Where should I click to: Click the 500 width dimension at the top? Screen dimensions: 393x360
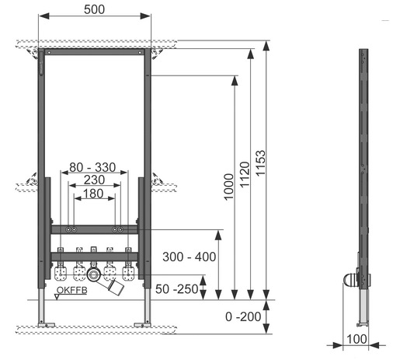(94, 9)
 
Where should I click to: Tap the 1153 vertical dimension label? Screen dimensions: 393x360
(260, 163)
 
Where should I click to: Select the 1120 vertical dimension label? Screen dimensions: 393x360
(245, 174)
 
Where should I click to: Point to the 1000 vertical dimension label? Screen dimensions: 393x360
(229, 187)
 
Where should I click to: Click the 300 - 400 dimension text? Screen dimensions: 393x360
(190, 257)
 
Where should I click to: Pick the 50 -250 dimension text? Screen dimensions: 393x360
(177, 289)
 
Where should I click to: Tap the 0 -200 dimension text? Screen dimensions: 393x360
(243, 316)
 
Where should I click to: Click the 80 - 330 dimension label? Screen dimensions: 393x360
(92, 167)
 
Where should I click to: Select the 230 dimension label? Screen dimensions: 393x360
(94, 180)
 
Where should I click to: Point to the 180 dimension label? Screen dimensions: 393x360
(93, 194)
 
